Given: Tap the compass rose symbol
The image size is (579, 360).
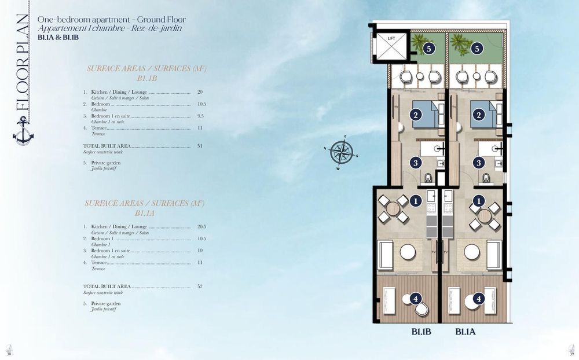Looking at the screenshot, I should pos(342,152).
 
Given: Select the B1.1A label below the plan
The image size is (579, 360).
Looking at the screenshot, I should pos(466,332).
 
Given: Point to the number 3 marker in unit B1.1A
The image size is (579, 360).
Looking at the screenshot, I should pos(478,163).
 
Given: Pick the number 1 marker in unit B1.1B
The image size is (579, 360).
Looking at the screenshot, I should pos(415,201).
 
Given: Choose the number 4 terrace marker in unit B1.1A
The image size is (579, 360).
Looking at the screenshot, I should pos(478,299).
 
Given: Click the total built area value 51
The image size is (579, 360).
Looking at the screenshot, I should pos(200,146).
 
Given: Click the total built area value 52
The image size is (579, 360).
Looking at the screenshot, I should pos(200,286).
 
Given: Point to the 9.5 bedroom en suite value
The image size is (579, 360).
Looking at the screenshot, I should pos(200,116).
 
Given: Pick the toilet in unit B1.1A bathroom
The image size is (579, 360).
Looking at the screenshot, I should pos(485,178).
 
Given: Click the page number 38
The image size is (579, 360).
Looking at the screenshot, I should pos(9,354).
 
